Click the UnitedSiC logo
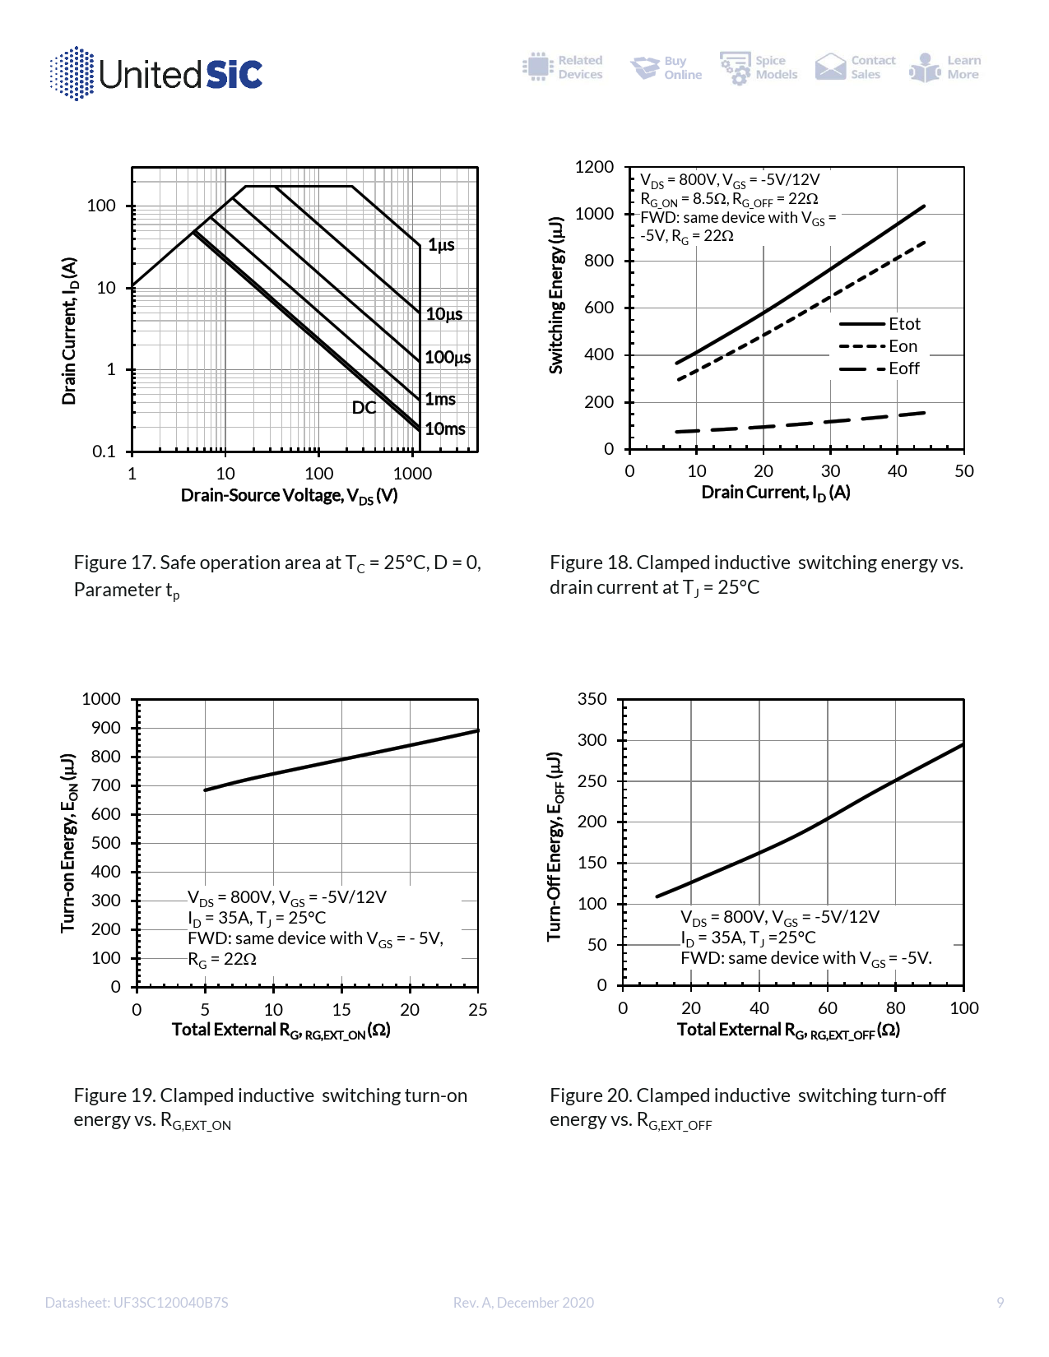click(156, 74)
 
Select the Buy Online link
click(666, 67)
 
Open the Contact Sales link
click(856, 67)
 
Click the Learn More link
click(946, 67)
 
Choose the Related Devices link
click(563, 67)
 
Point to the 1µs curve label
click(441, 245)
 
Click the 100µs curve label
click(448, 358)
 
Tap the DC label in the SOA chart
click(364, 408)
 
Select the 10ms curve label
click(445, 429)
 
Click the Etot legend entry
click(903, 324)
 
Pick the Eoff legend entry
click(903, 368)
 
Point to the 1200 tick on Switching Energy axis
click(594, 167)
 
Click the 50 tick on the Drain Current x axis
click(964, 471)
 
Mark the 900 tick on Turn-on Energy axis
click(106, 728)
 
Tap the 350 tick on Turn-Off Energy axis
click(592, 699)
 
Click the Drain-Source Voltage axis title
click(289, 496)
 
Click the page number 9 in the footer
click(1000, 1303)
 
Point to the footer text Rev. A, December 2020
click(523, 1303)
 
